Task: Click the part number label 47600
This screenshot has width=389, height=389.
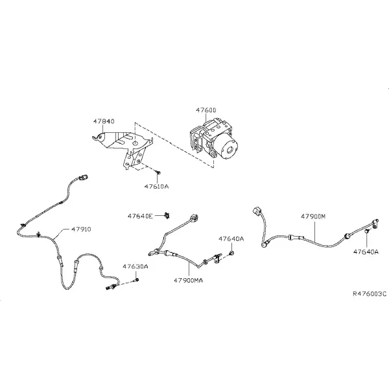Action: point(206,110)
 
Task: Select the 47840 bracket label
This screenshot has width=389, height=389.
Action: point(104,121)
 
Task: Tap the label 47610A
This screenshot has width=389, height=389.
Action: point(156,186)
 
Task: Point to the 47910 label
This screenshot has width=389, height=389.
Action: point(81,230)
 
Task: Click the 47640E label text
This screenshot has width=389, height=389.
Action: point(140,216)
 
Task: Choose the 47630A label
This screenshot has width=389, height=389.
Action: point(136,266)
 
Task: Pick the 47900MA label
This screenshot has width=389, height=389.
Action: point(188,281)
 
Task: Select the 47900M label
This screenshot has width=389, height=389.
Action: point(313,217)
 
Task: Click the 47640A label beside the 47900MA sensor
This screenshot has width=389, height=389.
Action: point(231,239)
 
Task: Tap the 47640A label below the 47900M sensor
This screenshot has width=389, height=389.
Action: point(366,252)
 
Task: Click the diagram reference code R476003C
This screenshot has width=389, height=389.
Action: point(370,294)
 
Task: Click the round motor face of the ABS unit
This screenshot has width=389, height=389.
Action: point(229,150)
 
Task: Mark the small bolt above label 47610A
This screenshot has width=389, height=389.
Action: point(158,172)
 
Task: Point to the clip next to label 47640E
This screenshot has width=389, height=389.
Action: point(167,216)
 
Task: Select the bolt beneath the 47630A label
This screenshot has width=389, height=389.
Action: point(136,280)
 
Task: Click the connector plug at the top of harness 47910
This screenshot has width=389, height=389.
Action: point(84,178)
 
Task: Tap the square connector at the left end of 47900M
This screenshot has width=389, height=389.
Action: point(257,212)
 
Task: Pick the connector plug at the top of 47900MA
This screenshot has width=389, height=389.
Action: point(194,217)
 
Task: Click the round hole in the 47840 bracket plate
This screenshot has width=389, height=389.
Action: point(135,143)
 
